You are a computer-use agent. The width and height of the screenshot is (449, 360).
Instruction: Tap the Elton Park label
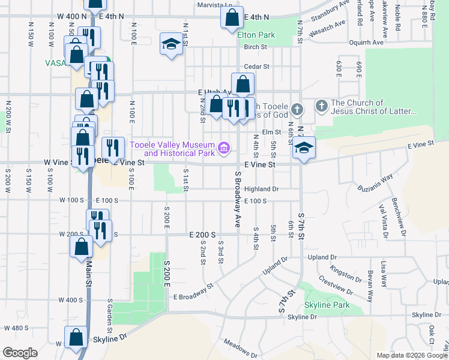256,35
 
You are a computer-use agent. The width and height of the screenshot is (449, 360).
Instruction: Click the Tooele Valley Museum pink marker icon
224,147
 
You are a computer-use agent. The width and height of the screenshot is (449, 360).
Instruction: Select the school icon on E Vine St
304,148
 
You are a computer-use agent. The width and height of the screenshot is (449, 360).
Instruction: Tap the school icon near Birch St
171,44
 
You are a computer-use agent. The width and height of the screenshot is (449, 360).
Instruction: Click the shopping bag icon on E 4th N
232,17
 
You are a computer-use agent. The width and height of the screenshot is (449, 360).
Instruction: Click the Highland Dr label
262,188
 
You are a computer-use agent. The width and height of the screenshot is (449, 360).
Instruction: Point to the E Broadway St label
193,292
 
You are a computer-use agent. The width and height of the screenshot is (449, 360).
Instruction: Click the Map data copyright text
412,355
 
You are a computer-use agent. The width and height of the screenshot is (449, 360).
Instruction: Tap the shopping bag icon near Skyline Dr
76,338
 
